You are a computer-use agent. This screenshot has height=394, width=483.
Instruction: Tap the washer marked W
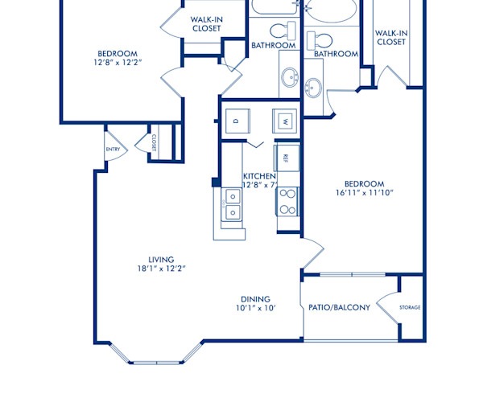pyautogui.click(x=285, y=121)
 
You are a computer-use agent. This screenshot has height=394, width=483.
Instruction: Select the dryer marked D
pyautogui.click(x=236, y=121)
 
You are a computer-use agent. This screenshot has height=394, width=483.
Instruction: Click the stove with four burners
pyautogui.click(x=287, y=202)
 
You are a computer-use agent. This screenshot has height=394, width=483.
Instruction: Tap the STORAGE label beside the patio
pyautogui.click(x=411, y=307)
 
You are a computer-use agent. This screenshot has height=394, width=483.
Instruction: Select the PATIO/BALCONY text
pyautogui.click(x=339, y=307)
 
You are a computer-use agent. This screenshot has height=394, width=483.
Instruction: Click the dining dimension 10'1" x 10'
pyautogui.click(x=256, y=308)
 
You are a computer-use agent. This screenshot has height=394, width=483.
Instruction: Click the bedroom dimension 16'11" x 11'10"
pyautogui.click(x=365, y=193)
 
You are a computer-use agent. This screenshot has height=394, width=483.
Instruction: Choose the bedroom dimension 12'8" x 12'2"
pyautogui.click(x=118, y=61)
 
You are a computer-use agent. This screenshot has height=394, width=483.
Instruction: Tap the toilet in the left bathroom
pyautogui.click(x=279, y=31)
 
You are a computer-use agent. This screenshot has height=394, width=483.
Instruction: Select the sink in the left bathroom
pyautogui.click(x=289, y=78)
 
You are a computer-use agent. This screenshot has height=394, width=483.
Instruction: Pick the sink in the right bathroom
pyautogui.click(x=314, y=85)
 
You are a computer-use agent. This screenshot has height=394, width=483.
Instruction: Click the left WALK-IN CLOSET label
pyautogui.click(x=206, y=24)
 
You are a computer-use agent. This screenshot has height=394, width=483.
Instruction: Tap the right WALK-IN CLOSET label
pyautogui.click(x=391, y=37)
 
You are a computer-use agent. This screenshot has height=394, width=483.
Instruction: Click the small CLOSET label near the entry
pyautogui.click(x=151, y=142)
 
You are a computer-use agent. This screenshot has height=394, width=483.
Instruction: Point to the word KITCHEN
pyautogui.click(x=259, y=176)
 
